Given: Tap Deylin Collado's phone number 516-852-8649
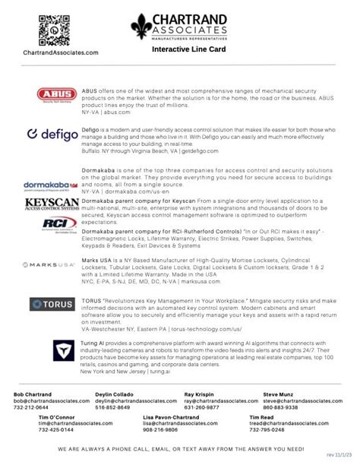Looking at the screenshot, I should [x=112, y=407].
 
